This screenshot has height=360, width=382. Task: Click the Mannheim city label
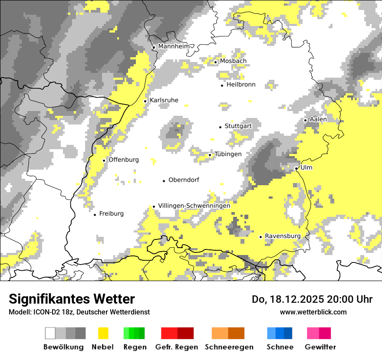174,46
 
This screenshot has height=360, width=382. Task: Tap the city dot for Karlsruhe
145,101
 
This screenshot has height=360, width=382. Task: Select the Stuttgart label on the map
238,126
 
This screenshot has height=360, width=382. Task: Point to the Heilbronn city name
241,85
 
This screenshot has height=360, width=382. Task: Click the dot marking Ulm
296,168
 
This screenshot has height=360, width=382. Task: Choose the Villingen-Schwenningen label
194,206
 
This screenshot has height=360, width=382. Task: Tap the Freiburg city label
111,214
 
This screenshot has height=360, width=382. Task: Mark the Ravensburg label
283,236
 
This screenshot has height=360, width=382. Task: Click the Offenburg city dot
104,160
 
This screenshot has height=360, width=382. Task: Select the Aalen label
318,119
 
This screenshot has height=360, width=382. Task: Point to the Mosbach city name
233,61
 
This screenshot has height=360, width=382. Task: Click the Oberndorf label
184,180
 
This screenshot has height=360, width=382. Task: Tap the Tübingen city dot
210,155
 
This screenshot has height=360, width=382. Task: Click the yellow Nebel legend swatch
103,333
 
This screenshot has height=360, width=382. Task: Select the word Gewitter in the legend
320,347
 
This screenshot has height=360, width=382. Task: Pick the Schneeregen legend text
229,347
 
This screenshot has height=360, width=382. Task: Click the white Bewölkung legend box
50,333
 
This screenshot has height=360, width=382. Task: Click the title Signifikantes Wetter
72,299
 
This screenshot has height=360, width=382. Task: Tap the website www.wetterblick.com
313,312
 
